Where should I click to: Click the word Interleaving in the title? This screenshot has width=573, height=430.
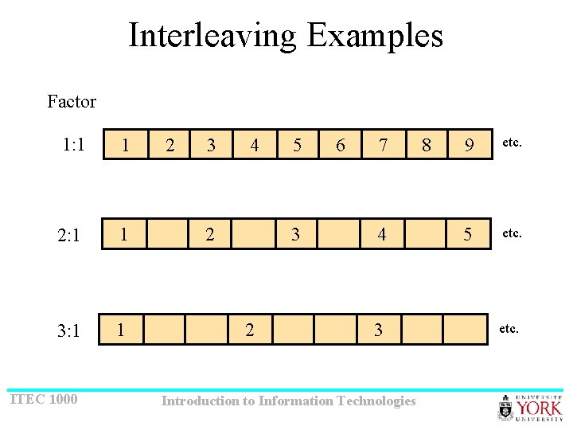pyautogui.click(x=212, y=36)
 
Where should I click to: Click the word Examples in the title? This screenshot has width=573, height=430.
pyautogui.click(x=374, y=36)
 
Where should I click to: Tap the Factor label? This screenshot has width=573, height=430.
pyautogui.click(x=72, y=101)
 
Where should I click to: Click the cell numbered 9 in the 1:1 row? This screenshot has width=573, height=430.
pyautogui.click(x=469, y=145)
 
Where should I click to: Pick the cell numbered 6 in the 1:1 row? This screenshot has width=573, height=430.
pyautogui.click(x=341, y=145)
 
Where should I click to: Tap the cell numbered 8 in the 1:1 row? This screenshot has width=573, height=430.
pyautogui.click(x=427, y=145)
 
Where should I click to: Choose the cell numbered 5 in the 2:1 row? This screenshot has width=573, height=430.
pyautogui.click(x=469, y=235)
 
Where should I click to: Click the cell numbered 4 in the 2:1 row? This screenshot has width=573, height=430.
pyautogui.click(x=383, y=235)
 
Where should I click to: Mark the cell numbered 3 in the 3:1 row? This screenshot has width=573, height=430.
pyautogui.click(x=378, y=329)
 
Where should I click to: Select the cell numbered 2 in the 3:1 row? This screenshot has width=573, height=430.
pyautogui.click(x=250, y=329)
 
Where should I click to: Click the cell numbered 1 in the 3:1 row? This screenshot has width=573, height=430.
pyautogui.click(x=120, y=329)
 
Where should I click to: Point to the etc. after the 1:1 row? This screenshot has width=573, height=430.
pyautogui.click(x=511, y=143)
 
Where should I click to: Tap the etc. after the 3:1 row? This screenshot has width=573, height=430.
pyautogui.click(x=509, y=327)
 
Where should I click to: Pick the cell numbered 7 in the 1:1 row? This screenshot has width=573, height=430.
pyautogui.click(x=384, y=145)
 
